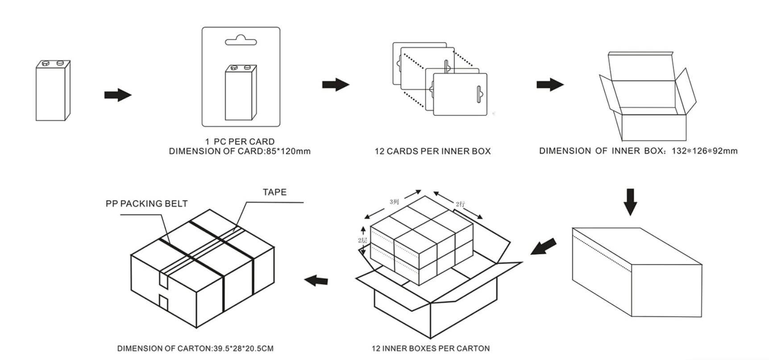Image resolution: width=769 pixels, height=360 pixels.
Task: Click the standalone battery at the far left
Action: coord(53,91)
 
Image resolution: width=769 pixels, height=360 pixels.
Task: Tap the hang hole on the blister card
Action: coord(241,41)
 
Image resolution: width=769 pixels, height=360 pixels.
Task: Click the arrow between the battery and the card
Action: coord(118,95)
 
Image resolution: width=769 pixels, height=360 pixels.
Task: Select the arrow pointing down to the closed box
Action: coord(630,202)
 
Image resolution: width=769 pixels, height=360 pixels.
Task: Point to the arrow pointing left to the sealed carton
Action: coord(316,280)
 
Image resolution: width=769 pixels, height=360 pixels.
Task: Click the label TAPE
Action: coord(274,192)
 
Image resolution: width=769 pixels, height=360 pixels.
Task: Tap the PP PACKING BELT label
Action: coord(146,204)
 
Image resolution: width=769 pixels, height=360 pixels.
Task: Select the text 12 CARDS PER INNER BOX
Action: coord(432,151)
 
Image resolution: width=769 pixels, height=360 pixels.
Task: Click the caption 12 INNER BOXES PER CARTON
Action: coord(430,348)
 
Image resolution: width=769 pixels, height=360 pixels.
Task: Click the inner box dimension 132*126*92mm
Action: coord(704,151)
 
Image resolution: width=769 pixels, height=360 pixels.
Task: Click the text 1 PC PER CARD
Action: coord(240,142)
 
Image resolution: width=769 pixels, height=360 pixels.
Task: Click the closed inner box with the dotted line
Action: coord(637,272)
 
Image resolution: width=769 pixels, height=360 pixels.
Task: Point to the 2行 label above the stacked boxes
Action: coord(461,204)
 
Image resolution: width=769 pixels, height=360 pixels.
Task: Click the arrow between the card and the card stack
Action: coord(336,84)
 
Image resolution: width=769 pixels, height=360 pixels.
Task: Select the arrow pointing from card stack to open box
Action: coord(550,84)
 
